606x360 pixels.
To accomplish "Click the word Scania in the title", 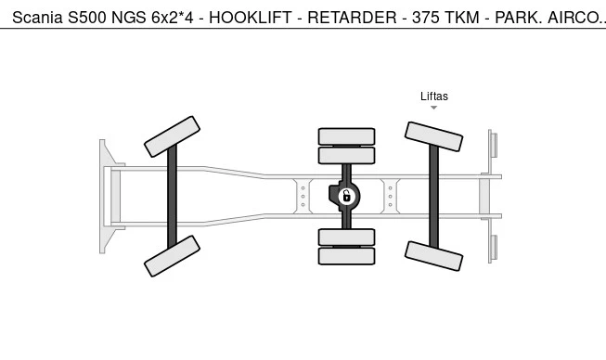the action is click(37, 18).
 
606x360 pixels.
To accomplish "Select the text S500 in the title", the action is click(87, 18).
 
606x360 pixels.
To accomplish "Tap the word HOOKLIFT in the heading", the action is click(250, 18).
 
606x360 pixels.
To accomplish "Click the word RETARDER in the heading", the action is click(352, 18).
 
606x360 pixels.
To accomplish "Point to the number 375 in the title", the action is click(425, 18).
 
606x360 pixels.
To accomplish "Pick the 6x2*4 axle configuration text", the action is click(172, 18).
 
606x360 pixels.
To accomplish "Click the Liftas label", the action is click(434, 96).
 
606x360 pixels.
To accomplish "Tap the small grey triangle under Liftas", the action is click(434, 108).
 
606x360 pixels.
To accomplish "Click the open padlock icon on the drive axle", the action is click(347, 196).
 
